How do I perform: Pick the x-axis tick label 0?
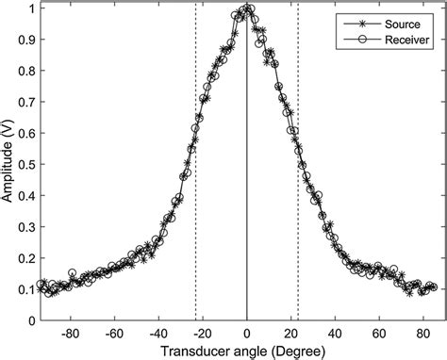(247, 333)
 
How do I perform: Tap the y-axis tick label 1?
(28, 8)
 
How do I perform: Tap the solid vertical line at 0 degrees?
(247, 188)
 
